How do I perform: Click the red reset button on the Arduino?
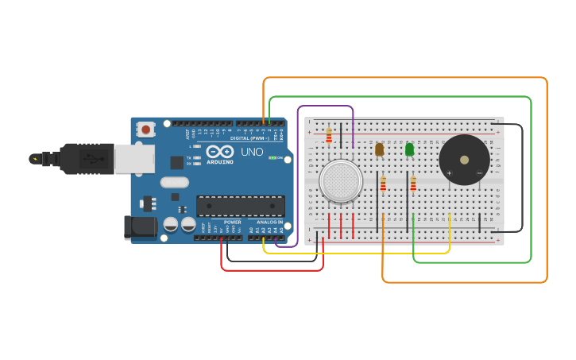click(x=146, y=129)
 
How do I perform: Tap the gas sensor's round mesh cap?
click(x=342, y=180)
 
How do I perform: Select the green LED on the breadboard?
click(x=409, y=149)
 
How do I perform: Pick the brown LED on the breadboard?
click(x=379, y=149)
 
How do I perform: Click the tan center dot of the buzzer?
click(x=464, y=159)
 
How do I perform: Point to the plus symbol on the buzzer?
click(x=449, y=172)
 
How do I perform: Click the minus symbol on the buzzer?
click(x=479, y=172)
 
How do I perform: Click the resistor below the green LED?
click(x=413, y=184)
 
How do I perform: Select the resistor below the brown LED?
click(x=383, y=184)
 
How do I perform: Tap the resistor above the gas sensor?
click(x=329, y=136)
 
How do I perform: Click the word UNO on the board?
click(x=252, y=152)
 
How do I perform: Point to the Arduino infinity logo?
click(x=219, y=151)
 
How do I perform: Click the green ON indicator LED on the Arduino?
click(x=272, y=158)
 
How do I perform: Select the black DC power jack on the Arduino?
click(x=141, y=227)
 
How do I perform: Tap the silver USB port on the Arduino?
click(x=133, y=159)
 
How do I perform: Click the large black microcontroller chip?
click(x=240, y=206)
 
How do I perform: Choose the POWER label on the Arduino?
click(x=232, y=222)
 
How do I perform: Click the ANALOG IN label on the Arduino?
click(x=269, y=222)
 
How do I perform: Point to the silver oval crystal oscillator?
click(x=174, y=182)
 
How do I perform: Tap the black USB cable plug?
click(x=87, y=159)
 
